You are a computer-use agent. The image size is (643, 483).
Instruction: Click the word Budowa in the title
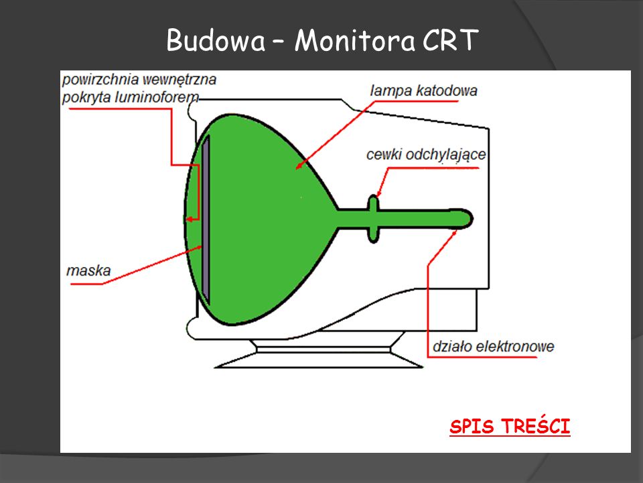point(215,42)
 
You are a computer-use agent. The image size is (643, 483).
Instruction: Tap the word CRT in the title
point(450,42)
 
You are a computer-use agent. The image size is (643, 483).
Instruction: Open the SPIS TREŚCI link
point(510,427)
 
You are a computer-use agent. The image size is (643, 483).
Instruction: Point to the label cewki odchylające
point(426,155)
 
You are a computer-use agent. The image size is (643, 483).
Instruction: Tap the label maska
point(88,272)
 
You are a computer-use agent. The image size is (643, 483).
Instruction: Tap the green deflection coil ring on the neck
point(373,218)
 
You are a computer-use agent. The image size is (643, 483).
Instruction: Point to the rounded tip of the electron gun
point(468,217)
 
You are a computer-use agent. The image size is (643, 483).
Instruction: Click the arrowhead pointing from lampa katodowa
point(299,165)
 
